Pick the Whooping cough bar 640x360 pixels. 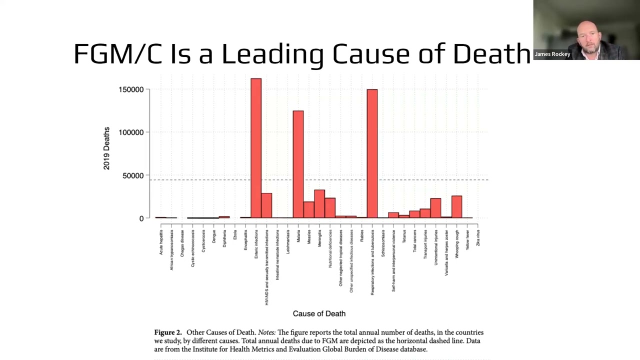click(x=456, y=206)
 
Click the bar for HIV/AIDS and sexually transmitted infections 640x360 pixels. click(x=266, y=205)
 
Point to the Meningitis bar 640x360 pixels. click(x=319, y=204)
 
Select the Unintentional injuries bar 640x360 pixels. click(x=435, y=208)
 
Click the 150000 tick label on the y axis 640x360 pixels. click(x=131, y=89)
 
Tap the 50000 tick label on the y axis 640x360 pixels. click(x=133, y=175)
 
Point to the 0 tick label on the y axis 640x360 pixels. click(x=141, y=218)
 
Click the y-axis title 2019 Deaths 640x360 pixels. click(x=106, y=148)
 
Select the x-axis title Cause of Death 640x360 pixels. click(x=319, y=313)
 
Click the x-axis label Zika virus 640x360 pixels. click(x=478, y=237)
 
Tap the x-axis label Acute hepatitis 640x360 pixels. click(x=161, y=242)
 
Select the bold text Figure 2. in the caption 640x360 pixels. click(x=167, y=332)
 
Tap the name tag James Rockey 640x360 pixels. click(x=552, y=54)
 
